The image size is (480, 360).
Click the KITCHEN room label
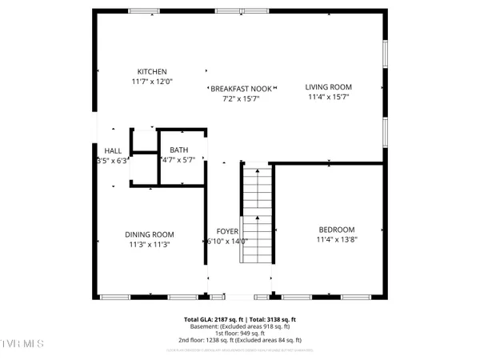[x=152, y=72]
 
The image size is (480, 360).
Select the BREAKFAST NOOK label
[x=241, y=89]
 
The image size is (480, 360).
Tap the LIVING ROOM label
[x=329, y=87]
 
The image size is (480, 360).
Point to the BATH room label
[x=178, y=150]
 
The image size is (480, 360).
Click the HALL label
[x=112, y=150]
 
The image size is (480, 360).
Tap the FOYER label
[x=227, y=231]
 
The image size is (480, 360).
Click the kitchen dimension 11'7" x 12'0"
[x=152, y=82]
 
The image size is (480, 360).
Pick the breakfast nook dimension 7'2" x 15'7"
[x=241, y=98]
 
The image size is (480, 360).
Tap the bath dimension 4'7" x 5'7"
[x=178, y=159]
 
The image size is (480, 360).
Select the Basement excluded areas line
[x=240, y=326]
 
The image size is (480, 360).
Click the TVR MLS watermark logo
[x=22, y=344]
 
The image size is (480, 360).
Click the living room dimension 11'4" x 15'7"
[x=329, y=97]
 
